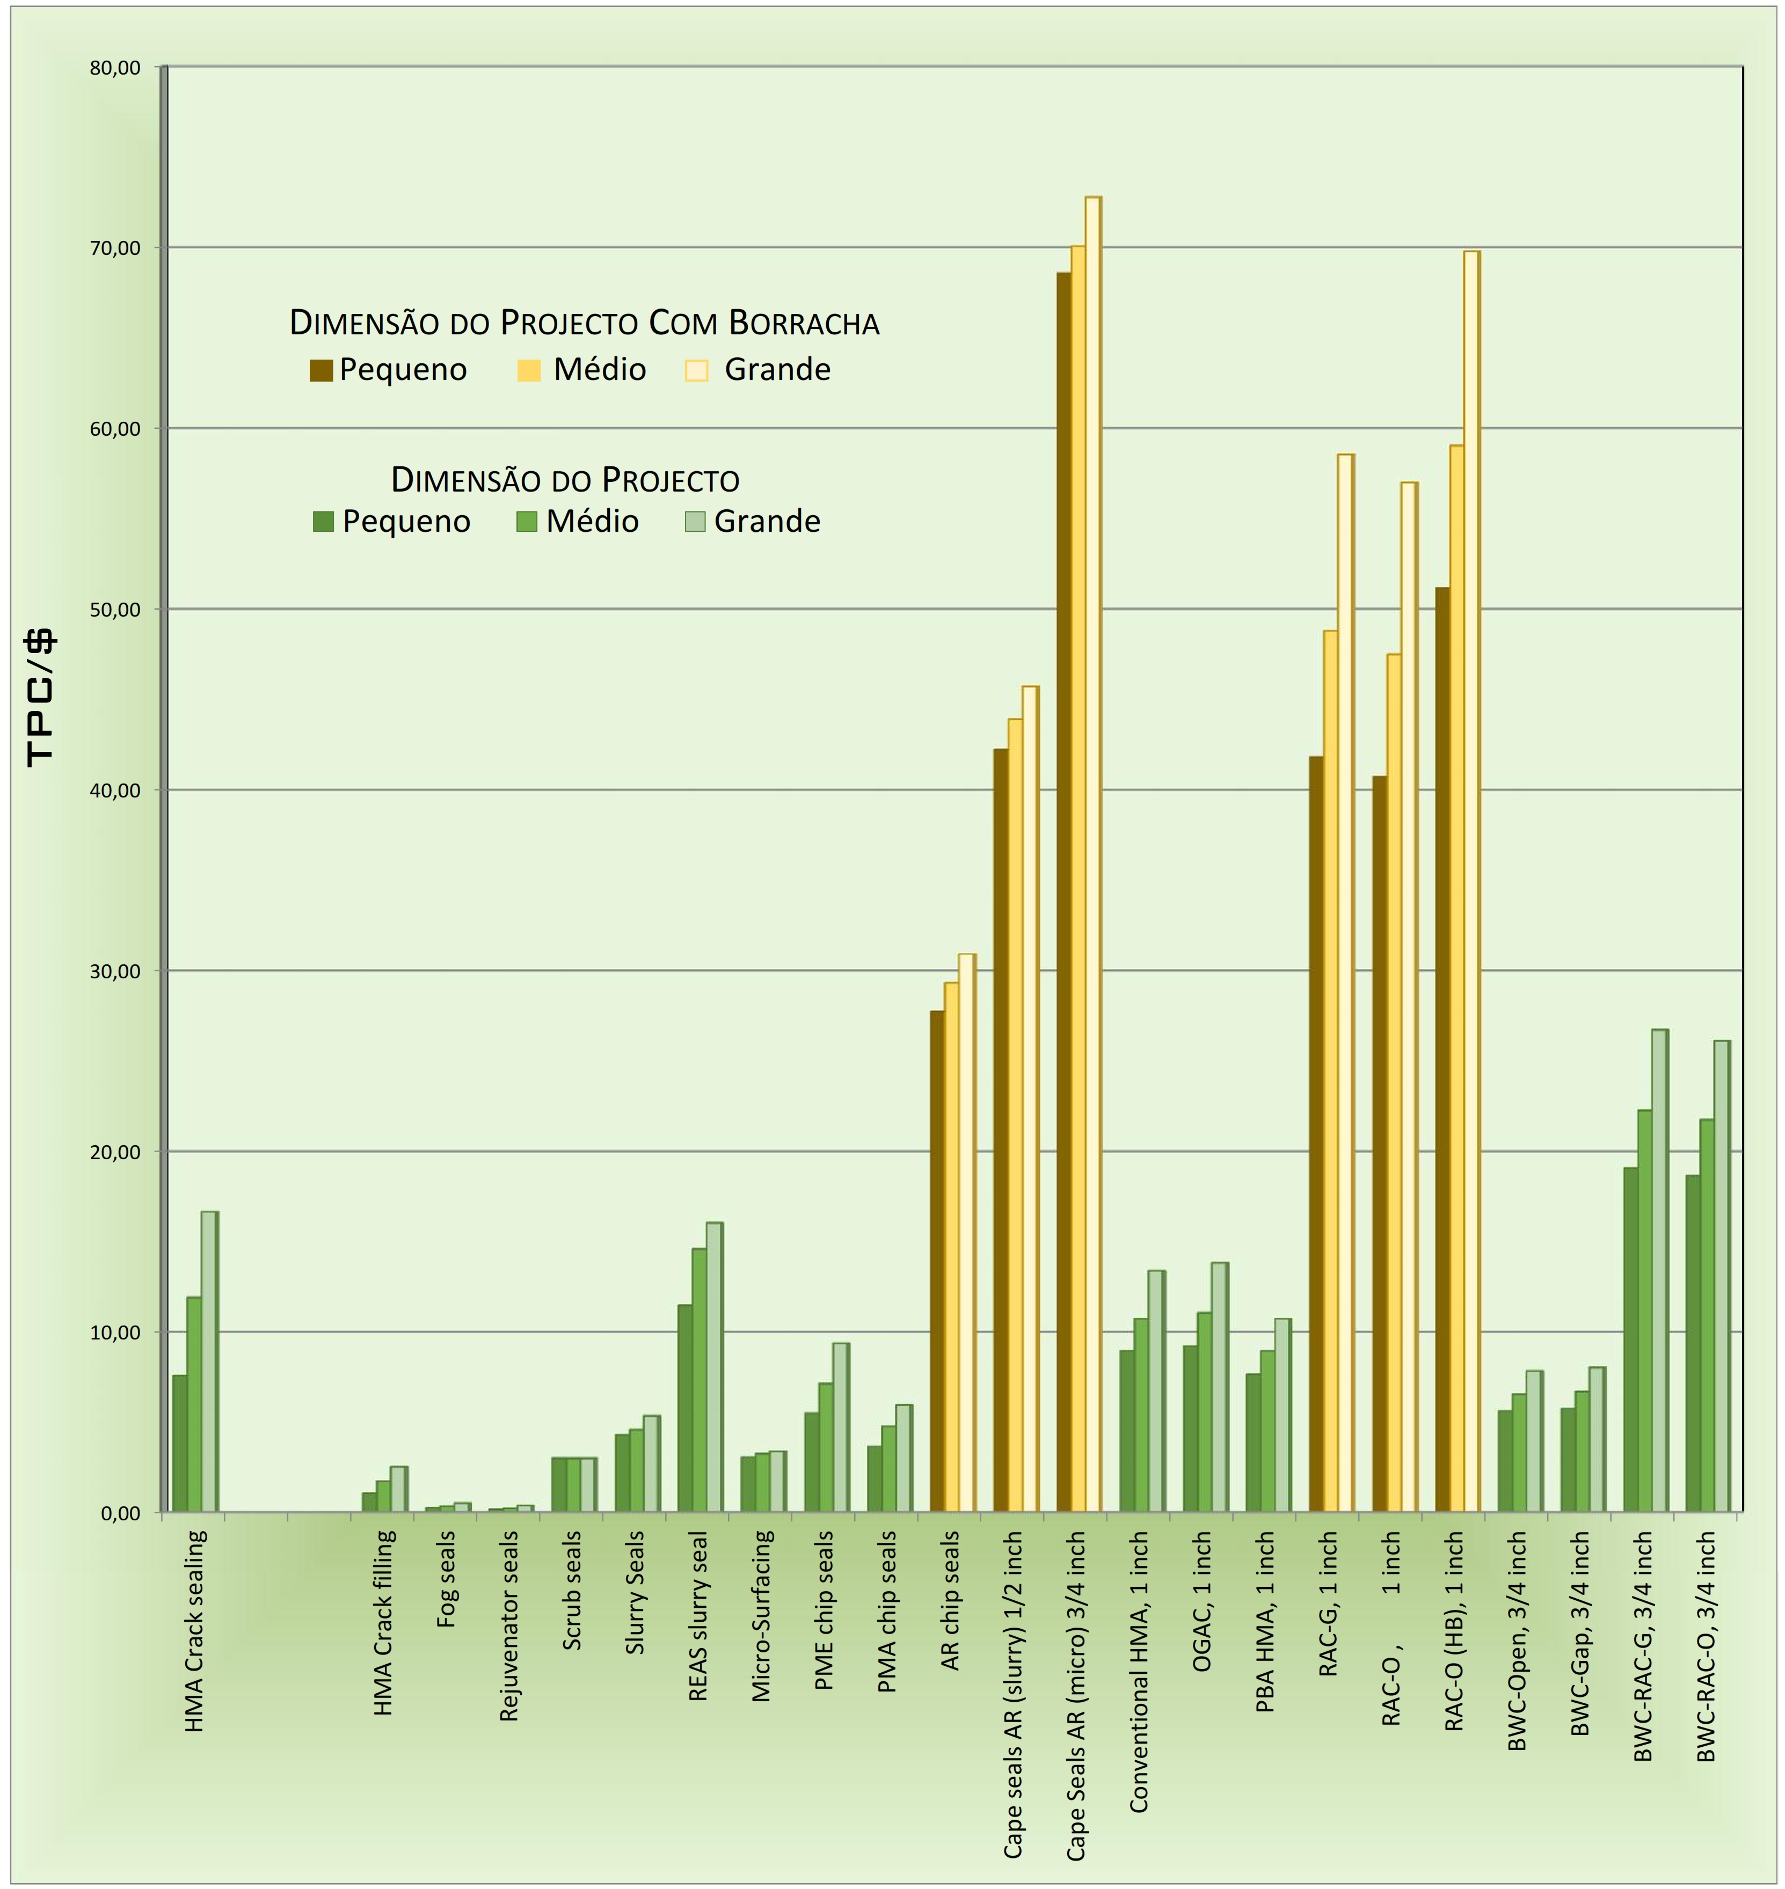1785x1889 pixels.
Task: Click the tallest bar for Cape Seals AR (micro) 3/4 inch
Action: click(x=1092, y=856)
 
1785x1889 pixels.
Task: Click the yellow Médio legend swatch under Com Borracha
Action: click(x=529, y=370)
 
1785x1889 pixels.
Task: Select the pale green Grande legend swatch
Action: click(x=696, y=521)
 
